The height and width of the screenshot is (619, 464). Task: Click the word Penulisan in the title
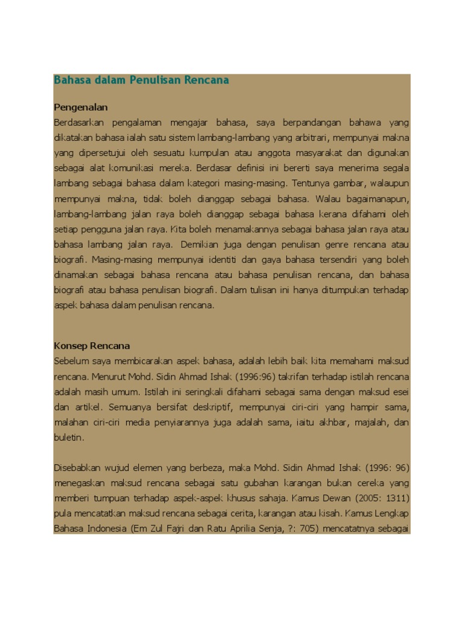click(155, 80)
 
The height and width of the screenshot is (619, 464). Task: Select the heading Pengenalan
click(81, 108)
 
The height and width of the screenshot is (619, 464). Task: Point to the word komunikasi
click(139, 169)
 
